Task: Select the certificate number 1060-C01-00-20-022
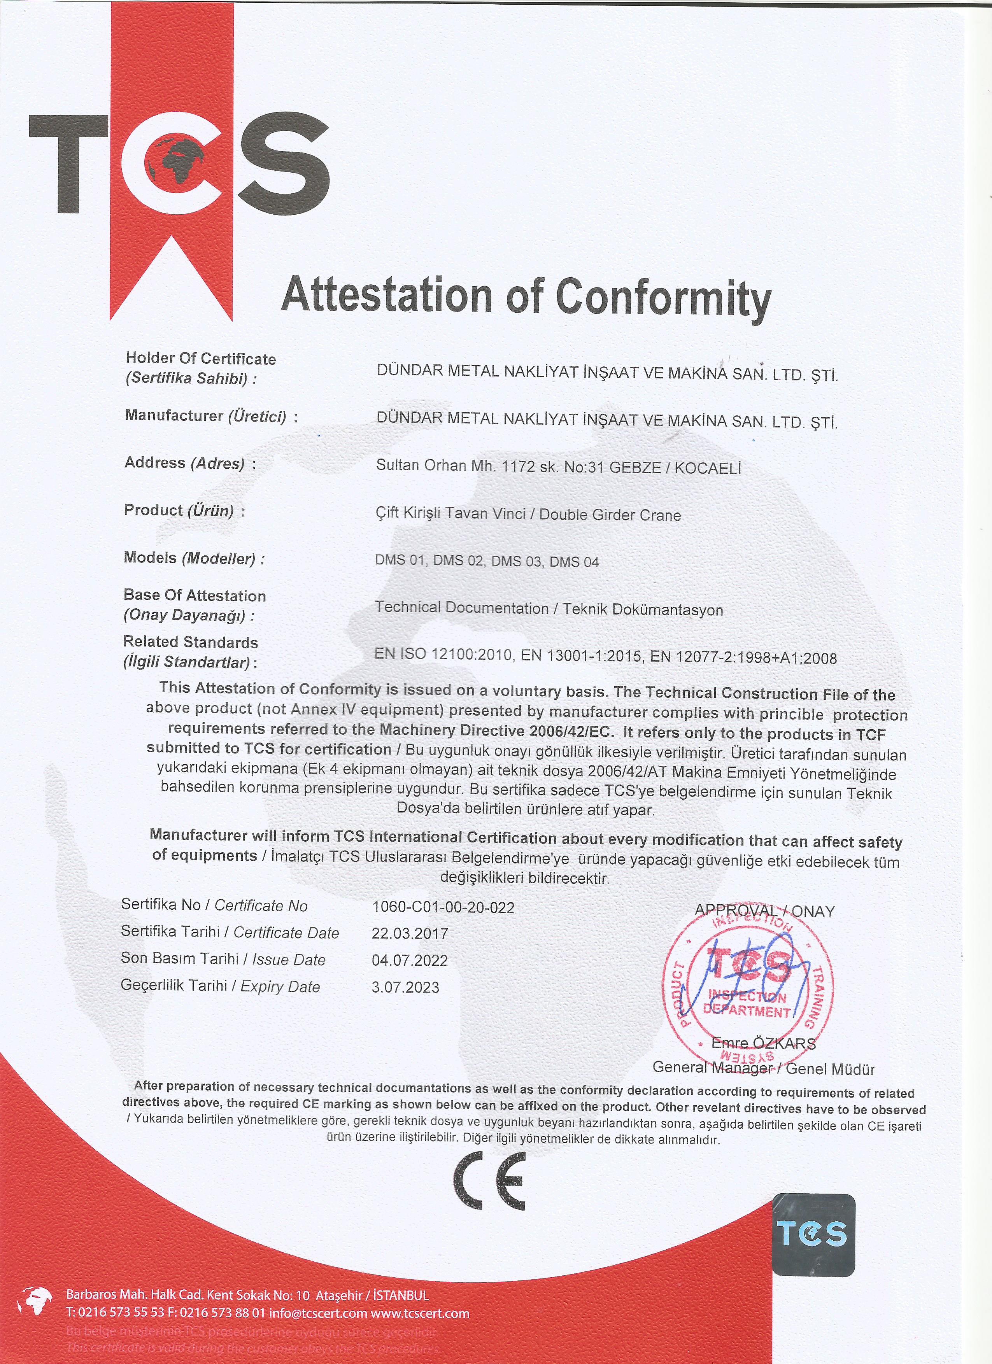point(443,907)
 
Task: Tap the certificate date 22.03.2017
point(410,933)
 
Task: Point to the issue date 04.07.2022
point(410,960)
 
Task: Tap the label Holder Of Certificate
point(200,359)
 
